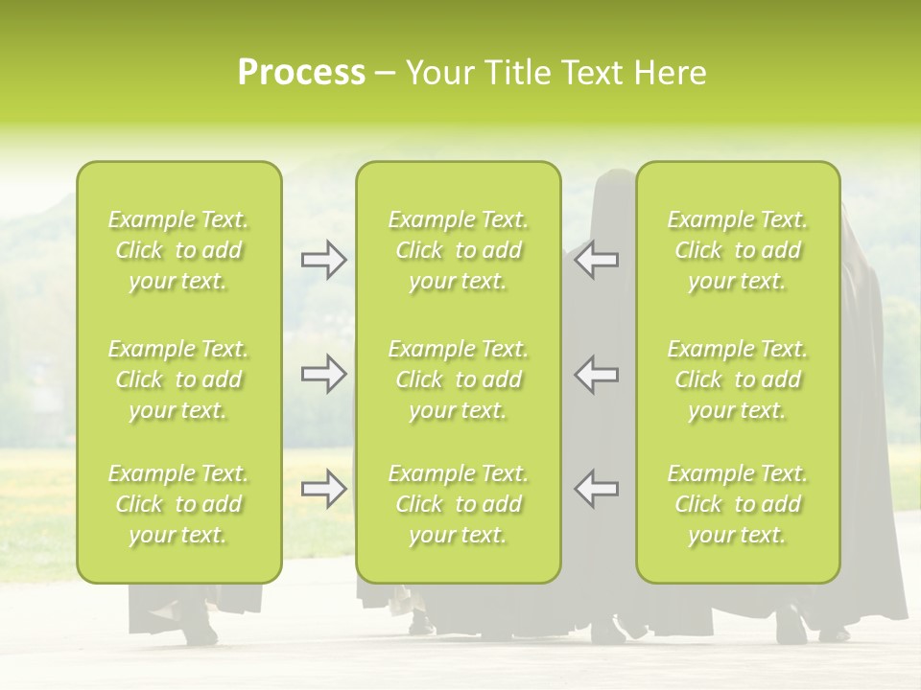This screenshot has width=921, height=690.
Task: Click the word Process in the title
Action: click(301, 73)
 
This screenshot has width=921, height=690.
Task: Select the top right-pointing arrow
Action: click(324, 259)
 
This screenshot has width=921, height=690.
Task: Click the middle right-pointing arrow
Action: click(324, 374)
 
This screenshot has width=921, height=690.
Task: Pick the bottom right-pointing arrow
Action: click(324, 489)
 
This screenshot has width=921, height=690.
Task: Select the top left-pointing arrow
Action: click(597, 259)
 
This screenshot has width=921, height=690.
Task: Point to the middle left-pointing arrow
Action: click(597, 374)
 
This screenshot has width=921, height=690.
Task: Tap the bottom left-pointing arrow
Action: click(597, 489)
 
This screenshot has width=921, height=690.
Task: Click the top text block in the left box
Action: click(178, 250)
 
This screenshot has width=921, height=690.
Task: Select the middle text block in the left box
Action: click(178, 379)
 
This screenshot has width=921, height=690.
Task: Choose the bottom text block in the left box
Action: click(178, 504)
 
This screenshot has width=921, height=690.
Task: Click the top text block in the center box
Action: click(458, 250)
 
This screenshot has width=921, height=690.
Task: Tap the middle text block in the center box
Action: click(458, 379)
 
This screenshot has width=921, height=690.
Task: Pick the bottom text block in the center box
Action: click(458, 504)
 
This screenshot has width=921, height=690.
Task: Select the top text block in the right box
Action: click(737, 250)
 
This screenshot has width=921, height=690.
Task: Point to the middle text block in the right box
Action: click(737, 379)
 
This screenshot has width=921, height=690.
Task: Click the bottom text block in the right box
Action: click(737, 504)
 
